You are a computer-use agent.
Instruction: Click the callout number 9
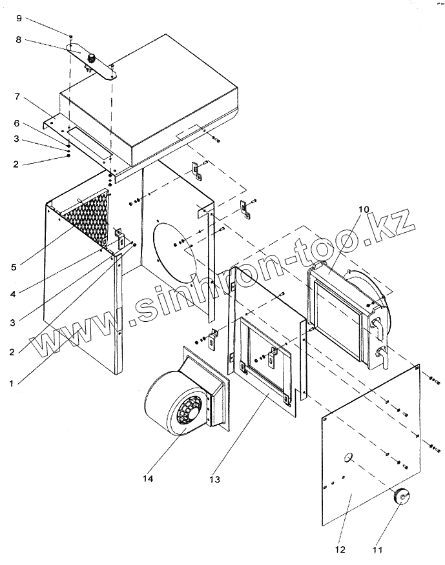(19, 18)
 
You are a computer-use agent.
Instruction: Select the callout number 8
(18, 39)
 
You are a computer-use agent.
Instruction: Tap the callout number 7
(17, 97)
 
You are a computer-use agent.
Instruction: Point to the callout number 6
(17, 123)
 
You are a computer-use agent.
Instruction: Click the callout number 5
(14, 267)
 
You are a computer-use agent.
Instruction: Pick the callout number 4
(13, 294)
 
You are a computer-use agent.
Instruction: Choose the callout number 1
(11, 384)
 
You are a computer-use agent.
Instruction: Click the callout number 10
(364, 210)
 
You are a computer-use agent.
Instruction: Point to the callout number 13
(214, 480)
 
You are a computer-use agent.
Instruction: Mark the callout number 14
(148, 479)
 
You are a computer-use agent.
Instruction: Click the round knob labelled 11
(401, 497)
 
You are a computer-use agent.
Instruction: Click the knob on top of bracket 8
(91, 57)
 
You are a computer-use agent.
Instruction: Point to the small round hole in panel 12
(347, 458)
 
